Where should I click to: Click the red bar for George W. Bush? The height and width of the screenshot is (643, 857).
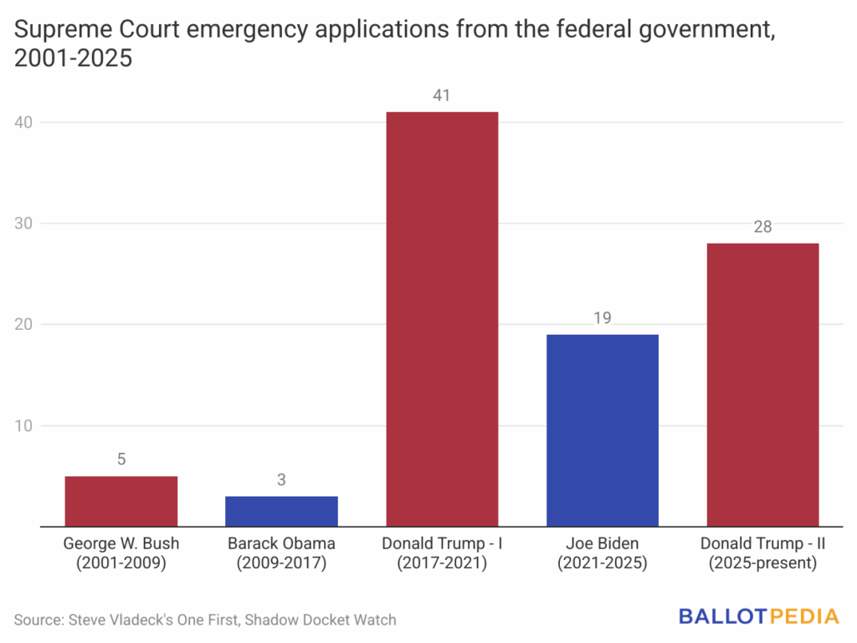point(121,501)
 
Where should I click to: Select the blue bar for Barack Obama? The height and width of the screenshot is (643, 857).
point(281,511)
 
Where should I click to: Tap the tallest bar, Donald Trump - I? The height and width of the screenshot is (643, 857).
point(442,318)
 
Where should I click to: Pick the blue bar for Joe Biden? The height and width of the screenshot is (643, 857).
point(603,430)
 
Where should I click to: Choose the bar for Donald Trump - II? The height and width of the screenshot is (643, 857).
point(762,384)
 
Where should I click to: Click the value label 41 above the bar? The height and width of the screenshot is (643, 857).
point(442,95)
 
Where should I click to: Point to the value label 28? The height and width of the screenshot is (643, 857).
point(762,227)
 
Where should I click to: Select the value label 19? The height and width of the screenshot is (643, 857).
point(603,318)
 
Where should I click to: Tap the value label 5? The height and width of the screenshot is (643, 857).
point(121,460)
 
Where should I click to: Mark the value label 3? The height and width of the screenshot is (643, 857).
point(281,480)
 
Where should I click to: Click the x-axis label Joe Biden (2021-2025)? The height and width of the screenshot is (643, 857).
point(603,553)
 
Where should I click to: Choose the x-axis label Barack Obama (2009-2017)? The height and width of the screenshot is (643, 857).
point(281,553)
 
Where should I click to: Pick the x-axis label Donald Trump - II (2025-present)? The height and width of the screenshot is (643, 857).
point(762,553)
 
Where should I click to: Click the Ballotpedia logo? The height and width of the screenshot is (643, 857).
point(758,617)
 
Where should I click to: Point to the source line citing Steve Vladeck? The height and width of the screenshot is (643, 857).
point(205,620)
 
